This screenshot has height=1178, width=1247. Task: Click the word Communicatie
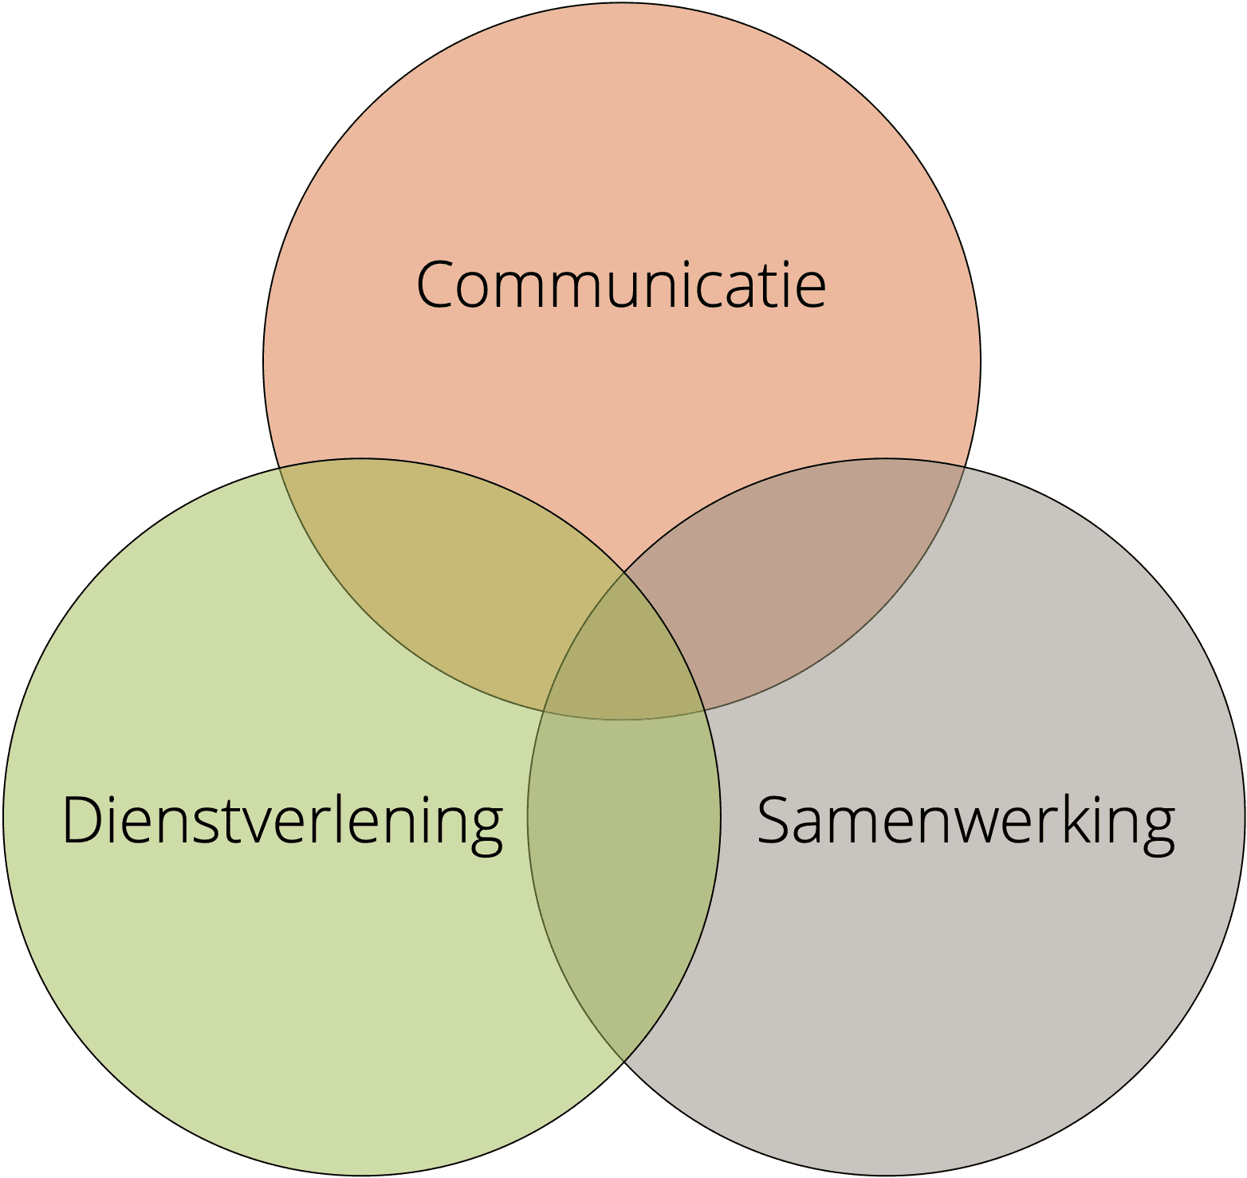pos(621,284)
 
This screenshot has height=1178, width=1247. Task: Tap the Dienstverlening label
pos(283,821)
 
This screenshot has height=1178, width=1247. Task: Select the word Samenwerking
pos(966,821)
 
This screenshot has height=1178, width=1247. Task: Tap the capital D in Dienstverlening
pos(84,820)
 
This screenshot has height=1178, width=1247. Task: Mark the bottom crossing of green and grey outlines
pos(624,1062)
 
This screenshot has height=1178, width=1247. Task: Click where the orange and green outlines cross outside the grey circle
pos(278,469)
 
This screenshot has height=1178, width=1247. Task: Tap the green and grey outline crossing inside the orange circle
pos(624,572)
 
